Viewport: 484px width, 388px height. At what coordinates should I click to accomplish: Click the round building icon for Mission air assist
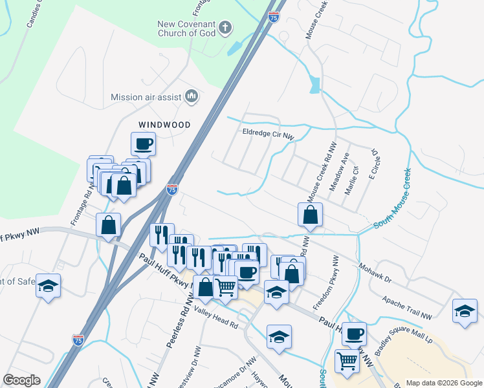[192, 97]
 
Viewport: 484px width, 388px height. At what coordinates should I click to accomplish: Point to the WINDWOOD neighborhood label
[164, 124]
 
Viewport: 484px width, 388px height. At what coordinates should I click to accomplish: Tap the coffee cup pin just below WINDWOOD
[143, 144]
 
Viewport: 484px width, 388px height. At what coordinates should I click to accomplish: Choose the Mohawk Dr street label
[375, 266]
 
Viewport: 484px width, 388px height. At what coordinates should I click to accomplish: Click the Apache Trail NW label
[407, 306]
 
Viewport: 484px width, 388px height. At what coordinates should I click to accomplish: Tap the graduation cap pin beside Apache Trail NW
[464, 310]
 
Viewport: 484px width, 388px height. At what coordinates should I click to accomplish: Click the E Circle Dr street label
[371, 166]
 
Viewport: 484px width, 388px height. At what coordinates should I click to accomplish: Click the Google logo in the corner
[21, 380]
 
